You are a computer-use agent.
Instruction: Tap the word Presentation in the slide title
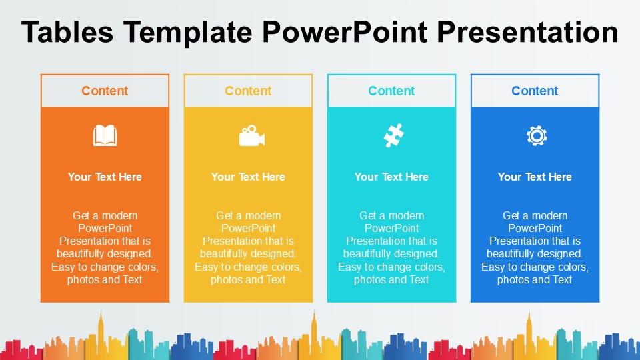533,32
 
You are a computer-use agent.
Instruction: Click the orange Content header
105,91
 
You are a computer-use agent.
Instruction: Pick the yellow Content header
248,91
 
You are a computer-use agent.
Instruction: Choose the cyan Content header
391,91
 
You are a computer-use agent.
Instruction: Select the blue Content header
535,91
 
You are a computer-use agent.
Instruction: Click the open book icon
105,136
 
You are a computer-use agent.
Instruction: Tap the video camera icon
251,136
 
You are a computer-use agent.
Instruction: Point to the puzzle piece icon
393,136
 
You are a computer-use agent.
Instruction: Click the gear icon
536,136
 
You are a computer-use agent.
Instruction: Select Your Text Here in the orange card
105,177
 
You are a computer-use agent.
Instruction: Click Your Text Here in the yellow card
248,177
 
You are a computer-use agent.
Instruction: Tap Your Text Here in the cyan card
391,177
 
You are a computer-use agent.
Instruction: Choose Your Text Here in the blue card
535,177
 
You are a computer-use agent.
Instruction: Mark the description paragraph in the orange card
105,247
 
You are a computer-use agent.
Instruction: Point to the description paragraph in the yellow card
248,247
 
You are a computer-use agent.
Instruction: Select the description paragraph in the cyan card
391,247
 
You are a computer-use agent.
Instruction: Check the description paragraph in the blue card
535,247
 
